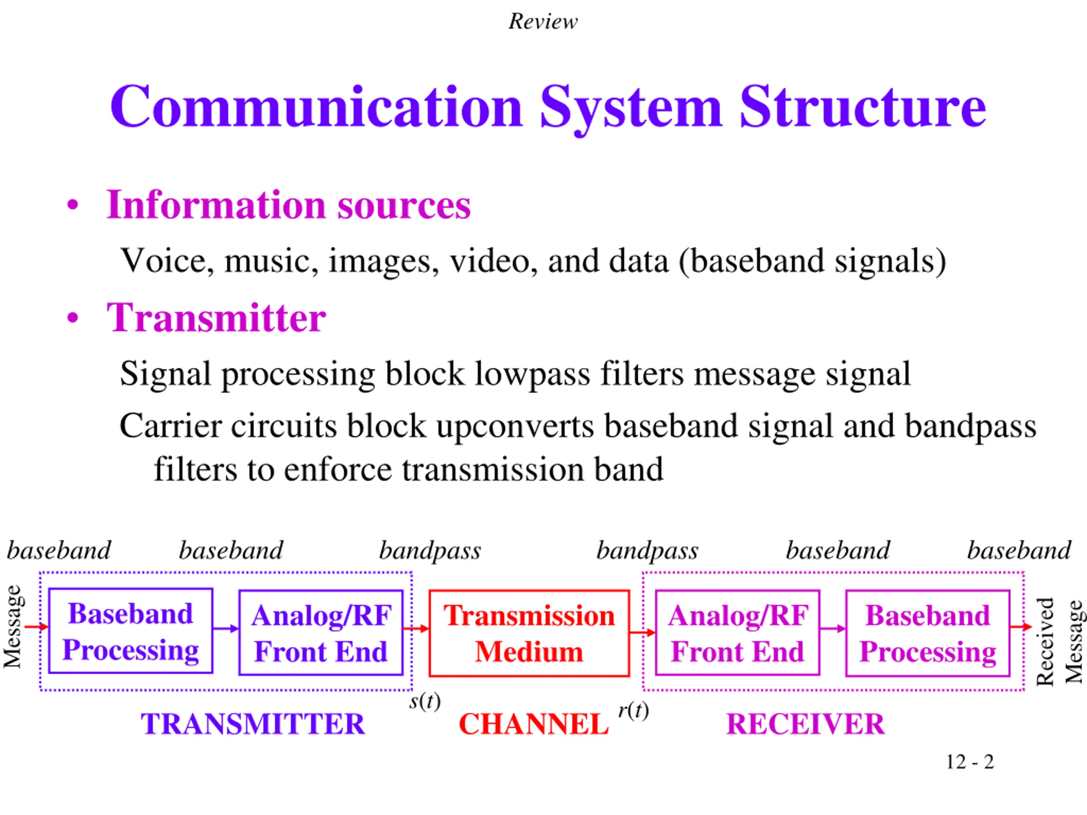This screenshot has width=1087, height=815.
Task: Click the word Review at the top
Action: (543, 22)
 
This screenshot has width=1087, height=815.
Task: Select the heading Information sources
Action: (288, 205)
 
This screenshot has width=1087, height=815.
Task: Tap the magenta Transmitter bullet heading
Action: (216, 318)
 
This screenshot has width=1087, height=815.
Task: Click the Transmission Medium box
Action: (529, 633)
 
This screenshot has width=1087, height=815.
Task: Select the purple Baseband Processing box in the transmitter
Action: (131, 631)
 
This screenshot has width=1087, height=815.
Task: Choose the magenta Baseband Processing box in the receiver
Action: (927, 633)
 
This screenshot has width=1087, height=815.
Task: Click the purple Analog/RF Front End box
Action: (321, 633)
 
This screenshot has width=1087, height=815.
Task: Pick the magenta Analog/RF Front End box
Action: (737, 633)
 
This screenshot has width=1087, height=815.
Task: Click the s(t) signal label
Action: (425, 702)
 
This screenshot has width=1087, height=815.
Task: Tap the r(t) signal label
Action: (634, 710)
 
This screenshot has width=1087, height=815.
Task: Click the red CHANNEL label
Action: (534, 724)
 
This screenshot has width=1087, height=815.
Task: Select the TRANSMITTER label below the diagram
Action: (253, 724)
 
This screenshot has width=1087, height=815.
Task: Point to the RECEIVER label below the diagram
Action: (805, 724)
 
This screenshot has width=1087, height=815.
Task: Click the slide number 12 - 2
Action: (969, 762)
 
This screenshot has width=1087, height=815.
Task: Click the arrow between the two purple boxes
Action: (225, 628)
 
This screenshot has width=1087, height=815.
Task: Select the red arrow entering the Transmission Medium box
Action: (416, 628)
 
